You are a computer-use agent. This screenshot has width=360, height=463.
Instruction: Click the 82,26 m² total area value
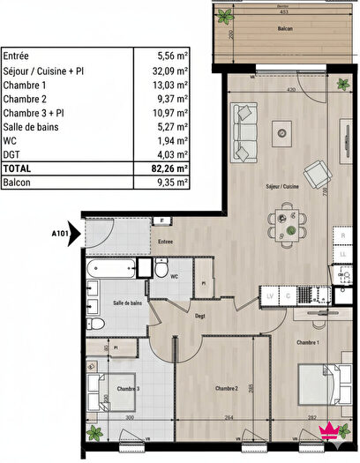172,168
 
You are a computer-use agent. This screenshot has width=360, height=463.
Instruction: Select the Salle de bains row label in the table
36,126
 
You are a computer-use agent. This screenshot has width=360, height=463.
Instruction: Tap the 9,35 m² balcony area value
172,183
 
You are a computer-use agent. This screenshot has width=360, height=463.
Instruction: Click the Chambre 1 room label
307,341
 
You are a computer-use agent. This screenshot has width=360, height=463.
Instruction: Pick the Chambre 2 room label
228,387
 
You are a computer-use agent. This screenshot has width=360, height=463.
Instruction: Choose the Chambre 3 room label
128,387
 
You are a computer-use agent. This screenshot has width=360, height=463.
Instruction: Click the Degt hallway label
200,316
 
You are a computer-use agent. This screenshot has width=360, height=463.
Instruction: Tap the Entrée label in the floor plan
165,241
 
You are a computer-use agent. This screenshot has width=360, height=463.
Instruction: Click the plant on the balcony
226,16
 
